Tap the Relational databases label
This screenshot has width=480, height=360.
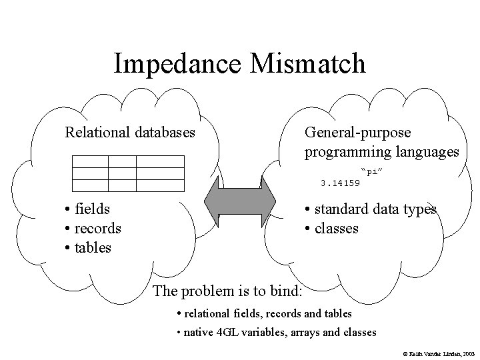(x=130, y=132)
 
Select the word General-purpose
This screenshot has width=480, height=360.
(x=358, y=132)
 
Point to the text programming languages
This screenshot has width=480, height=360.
(x=382, y=152)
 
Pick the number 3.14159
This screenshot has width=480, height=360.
(x=340, y=182)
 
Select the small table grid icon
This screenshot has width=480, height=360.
(x=128, y=171)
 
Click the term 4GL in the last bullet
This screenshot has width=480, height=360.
(x=225, y=331)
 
